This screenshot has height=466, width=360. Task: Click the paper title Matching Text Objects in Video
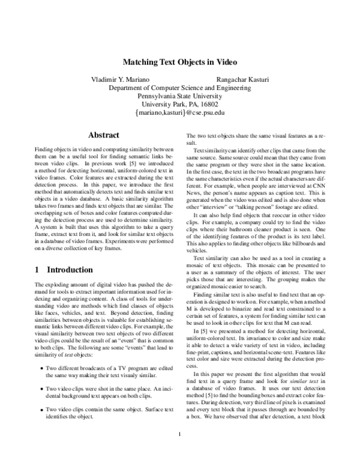pos(180,61)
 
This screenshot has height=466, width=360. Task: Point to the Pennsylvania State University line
pos(180,95)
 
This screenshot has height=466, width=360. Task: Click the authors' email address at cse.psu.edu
pos(180,112)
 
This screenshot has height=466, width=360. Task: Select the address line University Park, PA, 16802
pos(180,104)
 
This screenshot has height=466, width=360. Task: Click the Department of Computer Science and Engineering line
pos(180,87)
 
